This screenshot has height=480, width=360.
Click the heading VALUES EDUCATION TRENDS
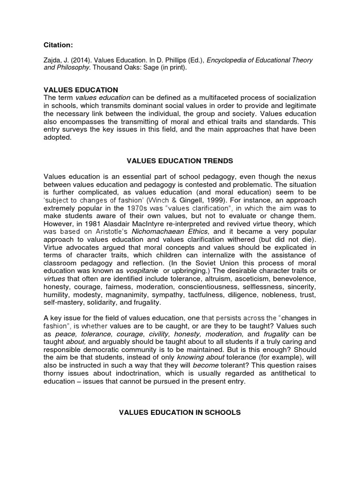click(180, 161)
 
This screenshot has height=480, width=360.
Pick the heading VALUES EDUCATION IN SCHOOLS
click(180, 412)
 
